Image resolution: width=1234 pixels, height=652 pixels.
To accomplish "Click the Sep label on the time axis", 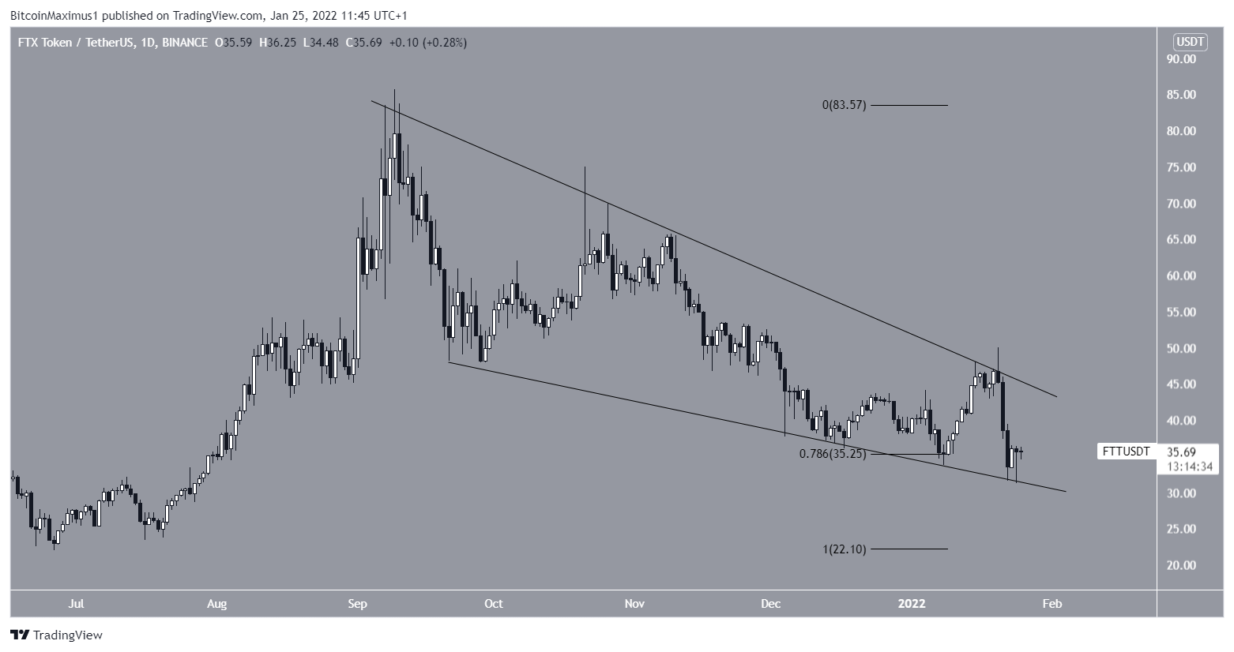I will point(357,605).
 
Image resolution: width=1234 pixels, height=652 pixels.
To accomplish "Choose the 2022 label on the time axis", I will point(912,605).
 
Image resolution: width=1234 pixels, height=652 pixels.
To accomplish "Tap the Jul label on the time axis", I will point(76,605).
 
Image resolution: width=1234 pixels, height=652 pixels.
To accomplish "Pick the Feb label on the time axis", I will point(1052,605).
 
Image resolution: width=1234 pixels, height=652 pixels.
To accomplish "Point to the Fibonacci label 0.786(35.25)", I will point(833,454).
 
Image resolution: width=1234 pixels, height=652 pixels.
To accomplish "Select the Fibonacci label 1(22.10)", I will point(844,549).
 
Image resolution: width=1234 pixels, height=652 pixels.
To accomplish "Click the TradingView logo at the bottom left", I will point(56,635).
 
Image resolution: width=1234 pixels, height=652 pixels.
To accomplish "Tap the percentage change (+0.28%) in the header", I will point(445,43).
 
